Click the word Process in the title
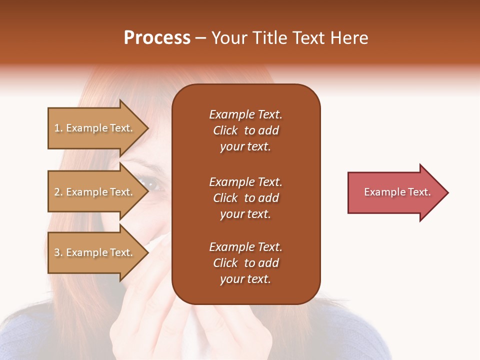(x=157, y=38)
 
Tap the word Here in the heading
(x=348, y=38)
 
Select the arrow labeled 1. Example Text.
(x=95, y=128)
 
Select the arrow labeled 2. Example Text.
(x=95, y=192)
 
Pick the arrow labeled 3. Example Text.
(x=95, y=252)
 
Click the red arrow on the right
(x=395, y=192)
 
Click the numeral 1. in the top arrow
(x=58, y=128)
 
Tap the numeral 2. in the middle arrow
(x=58, y=192)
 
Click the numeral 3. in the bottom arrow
(x=58, y=252)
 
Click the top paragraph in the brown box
(x=245, y=130)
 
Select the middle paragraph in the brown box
(x=245, y=198)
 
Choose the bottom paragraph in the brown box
(x=245, y=263)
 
